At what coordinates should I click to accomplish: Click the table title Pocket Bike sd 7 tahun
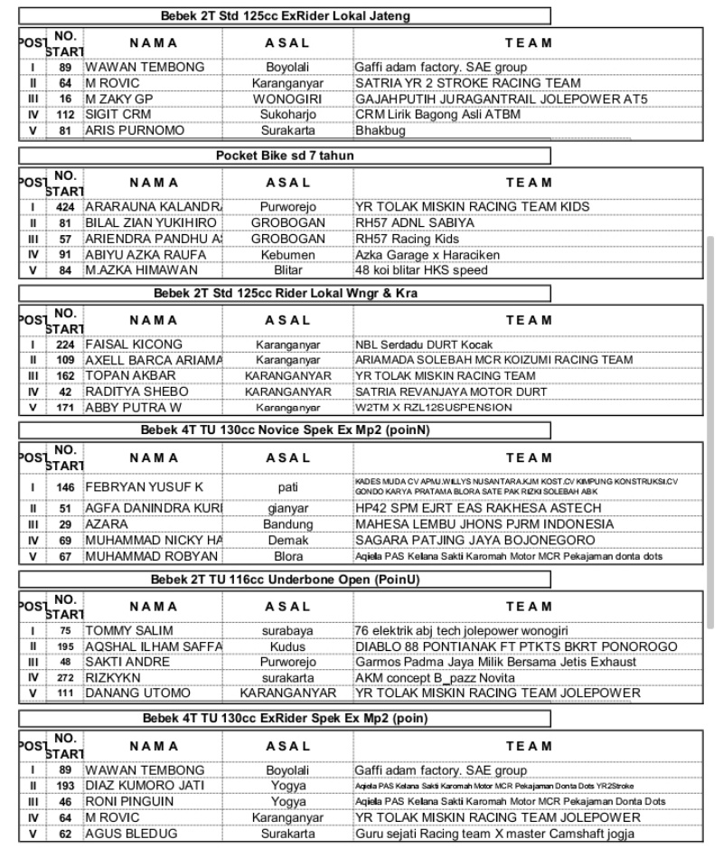pos(285,156)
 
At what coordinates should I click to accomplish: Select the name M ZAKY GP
pos(120,99)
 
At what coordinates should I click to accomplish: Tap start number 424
pos(65,207)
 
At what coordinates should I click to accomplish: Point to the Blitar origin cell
pos(288,269)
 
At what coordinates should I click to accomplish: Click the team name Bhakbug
pos(380,130)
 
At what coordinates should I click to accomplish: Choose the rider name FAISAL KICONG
pos(134,344)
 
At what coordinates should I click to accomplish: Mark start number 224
pos(65,344)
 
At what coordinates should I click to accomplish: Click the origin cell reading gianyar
pos(288,509)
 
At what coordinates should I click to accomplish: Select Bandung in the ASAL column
pos(288,524)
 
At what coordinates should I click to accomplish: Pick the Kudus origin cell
pos(288,646)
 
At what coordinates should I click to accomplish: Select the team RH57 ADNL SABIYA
pos(415,222)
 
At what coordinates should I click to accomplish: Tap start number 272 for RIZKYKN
pos(65,677)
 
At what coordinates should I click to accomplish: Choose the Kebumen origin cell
pos(288,254)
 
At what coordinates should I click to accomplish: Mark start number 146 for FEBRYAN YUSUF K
pos(65,486)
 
